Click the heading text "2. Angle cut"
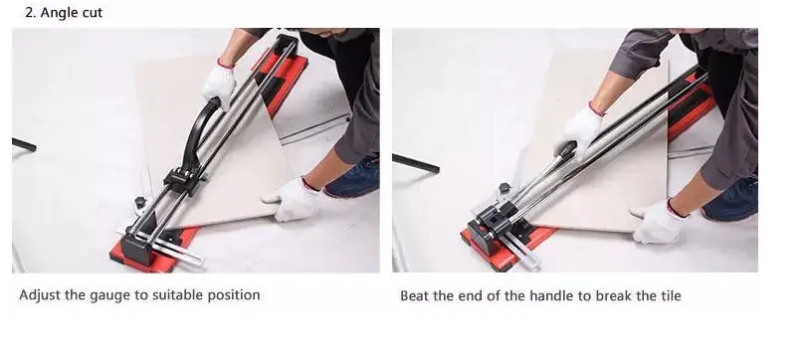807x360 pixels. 64,12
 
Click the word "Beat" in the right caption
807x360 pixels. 413,296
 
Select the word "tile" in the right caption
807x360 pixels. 671,296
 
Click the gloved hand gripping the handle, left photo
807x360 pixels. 219,85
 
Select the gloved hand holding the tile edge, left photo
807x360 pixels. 292,200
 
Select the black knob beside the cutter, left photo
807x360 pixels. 140,202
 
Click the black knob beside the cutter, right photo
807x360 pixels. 504,188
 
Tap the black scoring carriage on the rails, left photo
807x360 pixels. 181,181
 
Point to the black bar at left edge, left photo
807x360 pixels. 24,145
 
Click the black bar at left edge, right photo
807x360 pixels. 415,163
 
